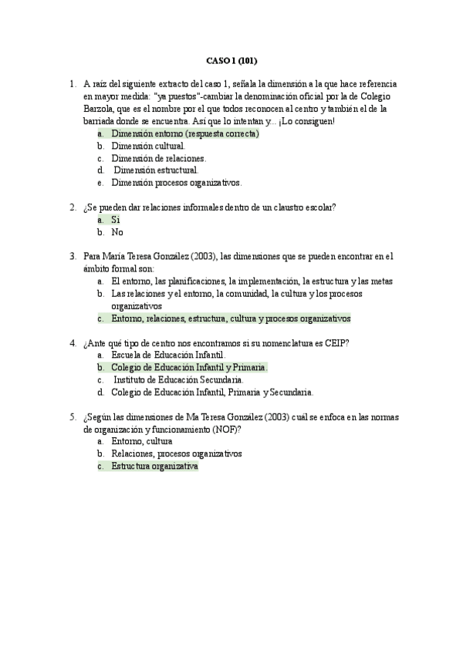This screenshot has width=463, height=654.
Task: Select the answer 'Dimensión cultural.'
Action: (x=148, y=146)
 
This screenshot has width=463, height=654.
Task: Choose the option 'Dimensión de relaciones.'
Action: (x=158, y=158)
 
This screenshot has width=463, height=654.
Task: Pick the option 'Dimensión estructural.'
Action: (x=156, y=170)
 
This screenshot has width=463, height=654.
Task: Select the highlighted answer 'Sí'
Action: (x=116, y=220)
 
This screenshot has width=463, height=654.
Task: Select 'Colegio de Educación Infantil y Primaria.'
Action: (x=189, y=367)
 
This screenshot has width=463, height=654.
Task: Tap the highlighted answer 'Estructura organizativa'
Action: (x=155, y=467)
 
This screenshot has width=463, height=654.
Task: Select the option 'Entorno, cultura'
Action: (x=142, y=442)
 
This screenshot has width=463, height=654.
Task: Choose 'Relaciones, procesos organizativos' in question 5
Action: (x=177, y=454)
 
